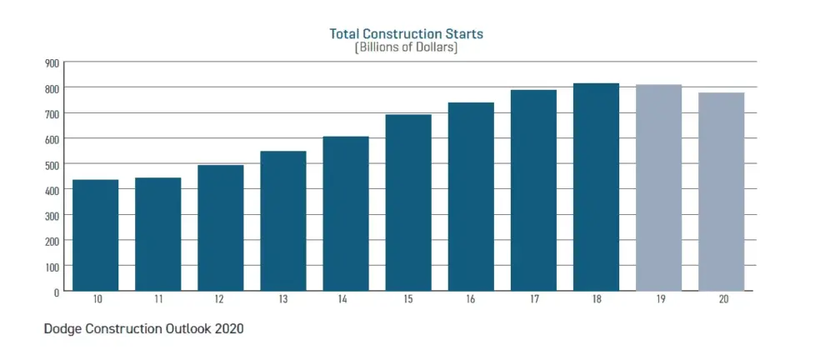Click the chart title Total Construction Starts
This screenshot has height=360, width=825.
click(x=407, y=34)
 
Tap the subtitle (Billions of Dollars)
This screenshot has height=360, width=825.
click(x=407, y=47)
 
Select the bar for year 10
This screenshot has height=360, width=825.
click(x=96, y=236)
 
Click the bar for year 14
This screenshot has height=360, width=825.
click(x=346, y=214)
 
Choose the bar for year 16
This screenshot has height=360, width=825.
click(x=471, y=197)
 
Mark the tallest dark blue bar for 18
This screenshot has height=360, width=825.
click(x=596, y=187)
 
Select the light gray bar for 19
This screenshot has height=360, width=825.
click(x=658, y=188)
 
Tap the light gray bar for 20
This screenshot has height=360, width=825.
click(x=721, y=192)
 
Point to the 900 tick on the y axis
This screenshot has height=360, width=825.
click(x=51, y=62)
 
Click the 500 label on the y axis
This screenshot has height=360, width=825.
click(x=51, y=165)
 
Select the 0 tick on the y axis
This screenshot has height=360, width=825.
click(x=56, y=292)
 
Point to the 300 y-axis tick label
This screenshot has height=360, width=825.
click(x=51, y=216)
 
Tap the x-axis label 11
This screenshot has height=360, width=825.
click(x=158, y=299)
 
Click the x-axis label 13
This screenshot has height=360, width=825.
click(x=283, y=299)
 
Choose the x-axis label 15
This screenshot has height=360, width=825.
click(x=408, y=299)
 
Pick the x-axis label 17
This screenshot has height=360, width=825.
click(x=533, y=299)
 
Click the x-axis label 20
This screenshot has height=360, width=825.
click(x=721, y=299)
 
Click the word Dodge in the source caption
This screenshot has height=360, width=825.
click(x=63, y=329)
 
